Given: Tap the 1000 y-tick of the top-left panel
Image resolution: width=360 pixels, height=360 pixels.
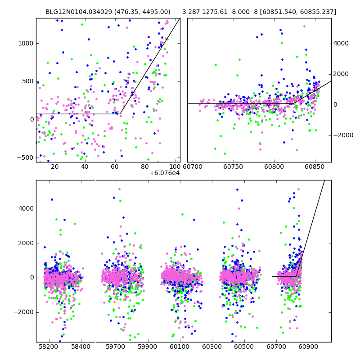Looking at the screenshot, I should pyautogui.click(x=26, y=44).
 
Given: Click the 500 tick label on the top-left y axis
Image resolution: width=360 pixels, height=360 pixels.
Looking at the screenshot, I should pyautogui.click(x=28, y=81).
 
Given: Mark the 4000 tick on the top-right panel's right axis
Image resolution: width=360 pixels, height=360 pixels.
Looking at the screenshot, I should pyautogui.click(x=341, y=44).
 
